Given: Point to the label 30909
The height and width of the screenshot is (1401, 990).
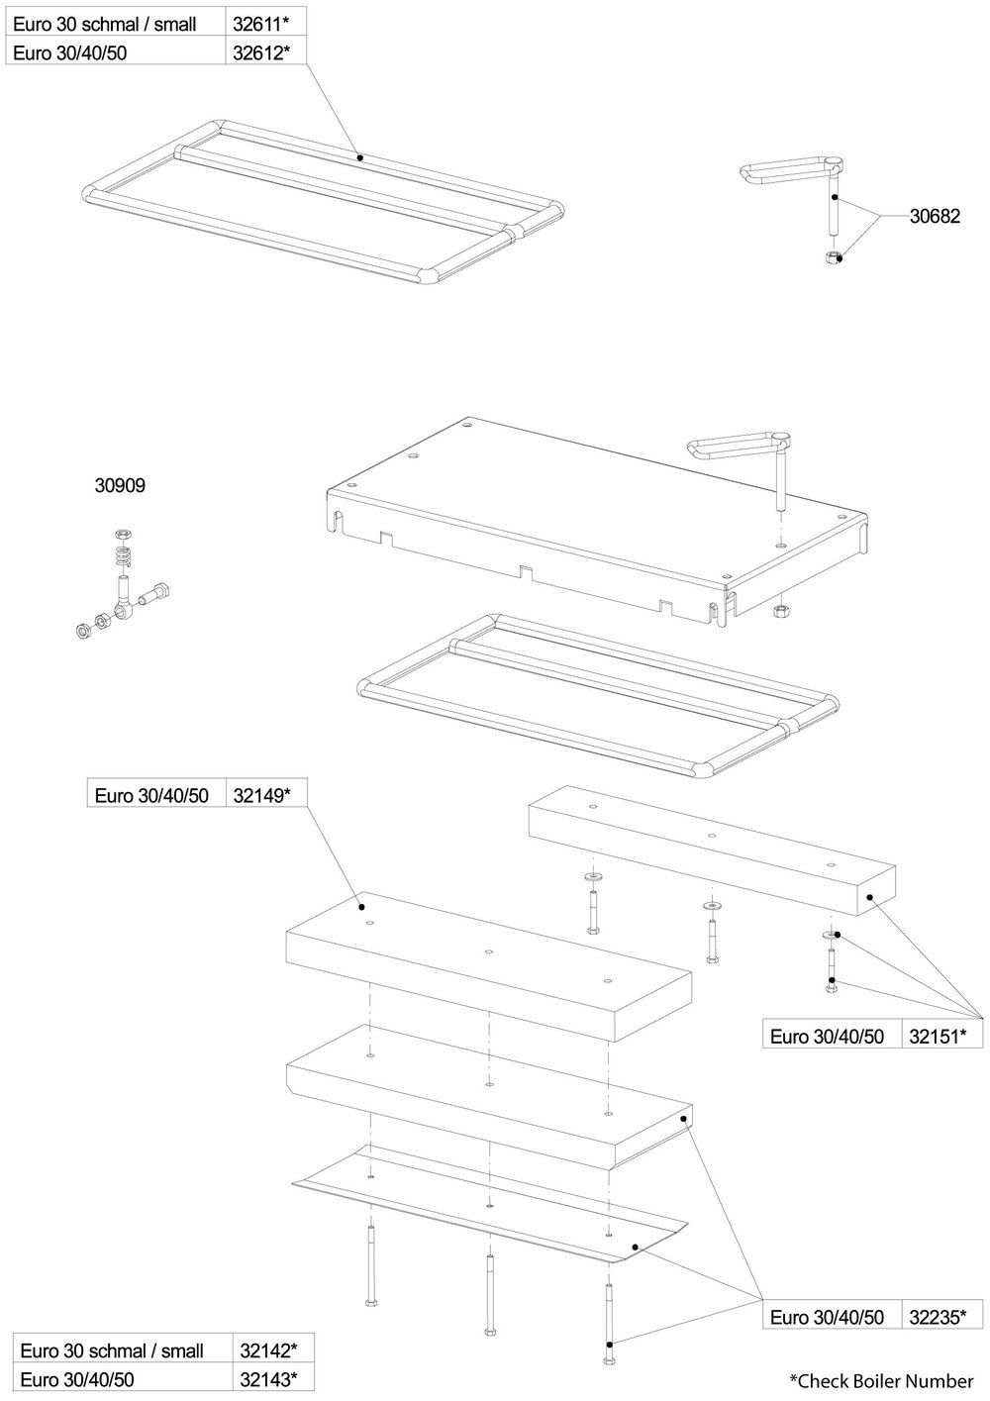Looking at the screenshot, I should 119,486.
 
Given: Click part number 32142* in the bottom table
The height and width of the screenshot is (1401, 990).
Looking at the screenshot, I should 269,1351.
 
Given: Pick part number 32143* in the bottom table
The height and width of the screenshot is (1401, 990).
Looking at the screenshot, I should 269,1378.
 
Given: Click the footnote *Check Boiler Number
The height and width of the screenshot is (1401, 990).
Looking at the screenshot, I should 881,1380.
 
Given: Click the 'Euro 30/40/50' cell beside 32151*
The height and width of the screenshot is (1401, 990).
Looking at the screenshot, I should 827,1037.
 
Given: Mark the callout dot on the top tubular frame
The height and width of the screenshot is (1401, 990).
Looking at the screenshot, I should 360,156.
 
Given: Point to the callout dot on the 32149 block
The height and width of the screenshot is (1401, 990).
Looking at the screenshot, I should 362,906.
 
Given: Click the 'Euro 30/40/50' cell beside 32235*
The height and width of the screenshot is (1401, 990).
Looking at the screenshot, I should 827,1316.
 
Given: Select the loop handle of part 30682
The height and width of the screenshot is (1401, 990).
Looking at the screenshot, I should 787,168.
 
